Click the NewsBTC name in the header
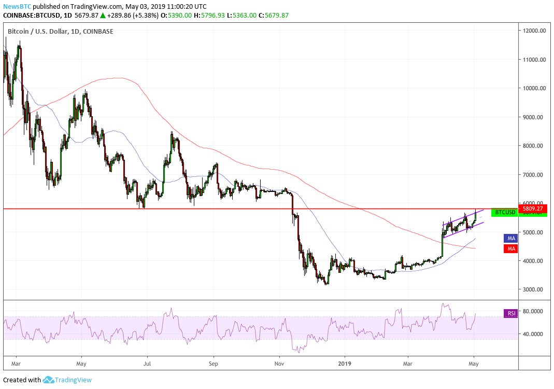coord(16,7)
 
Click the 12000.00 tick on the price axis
coord(534,31)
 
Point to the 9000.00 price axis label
coord(534,117)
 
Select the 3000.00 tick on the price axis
coord(534,289)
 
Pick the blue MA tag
coord(510,238)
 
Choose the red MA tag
coord(510,249)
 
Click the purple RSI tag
coord(510,313)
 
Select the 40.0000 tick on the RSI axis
coord(534,335)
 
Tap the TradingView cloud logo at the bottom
coord(48,380)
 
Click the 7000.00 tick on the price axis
coord(534,175)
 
